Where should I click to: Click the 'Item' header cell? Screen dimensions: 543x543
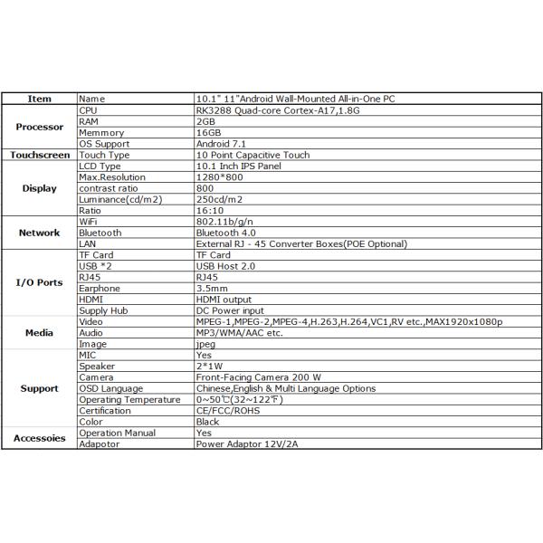(40, 99)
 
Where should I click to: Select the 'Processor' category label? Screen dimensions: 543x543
(40, 127)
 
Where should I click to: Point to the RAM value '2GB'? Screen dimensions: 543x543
(205, 120)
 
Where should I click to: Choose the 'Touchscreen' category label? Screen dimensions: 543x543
(40, 155)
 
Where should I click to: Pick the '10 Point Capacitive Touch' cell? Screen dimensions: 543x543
(252, 155)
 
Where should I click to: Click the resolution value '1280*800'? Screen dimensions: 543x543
(218, 177)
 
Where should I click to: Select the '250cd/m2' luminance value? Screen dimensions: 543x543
(218, 199)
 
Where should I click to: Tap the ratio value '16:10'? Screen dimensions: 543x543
(209, 210)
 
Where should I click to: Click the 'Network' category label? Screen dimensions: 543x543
(40, 233)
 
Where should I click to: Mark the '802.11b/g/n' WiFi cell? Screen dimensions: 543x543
(223, 222)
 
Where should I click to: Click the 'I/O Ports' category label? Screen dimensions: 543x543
(40, 282)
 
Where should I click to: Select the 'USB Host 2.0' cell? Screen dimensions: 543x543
(225, 266)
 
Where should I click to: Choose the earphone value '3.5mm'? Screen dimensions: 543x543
(212, 289)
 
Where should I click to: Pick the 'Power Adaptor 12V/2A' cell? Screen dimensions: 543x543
(245, 444)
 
